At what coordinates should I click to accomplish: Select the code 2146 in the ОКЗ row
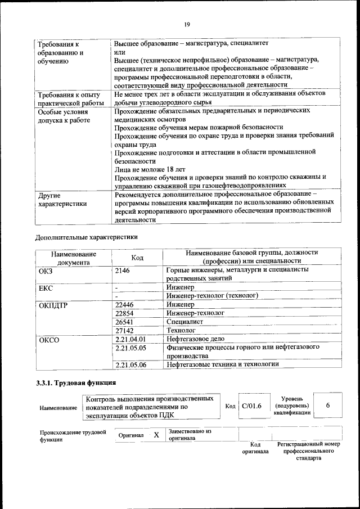123,271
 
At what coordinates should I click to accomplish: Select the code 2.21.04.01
130,339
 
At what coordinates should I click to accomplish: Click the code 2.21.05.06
130,365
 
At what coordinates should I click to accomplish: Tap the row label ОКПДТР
53,305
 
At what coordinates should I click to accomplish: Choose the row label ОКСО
49,340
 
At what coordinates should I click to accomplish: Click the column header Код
137,257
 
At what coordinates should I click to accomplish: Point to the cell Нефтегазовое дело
195,339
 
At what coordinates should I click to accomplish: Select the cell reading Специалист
186,322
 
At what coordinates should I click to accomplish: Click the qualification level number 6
327,406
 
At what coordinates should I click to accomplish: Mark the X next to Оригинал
156,435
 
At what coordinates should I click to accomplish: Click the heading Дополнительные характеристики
86,237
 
